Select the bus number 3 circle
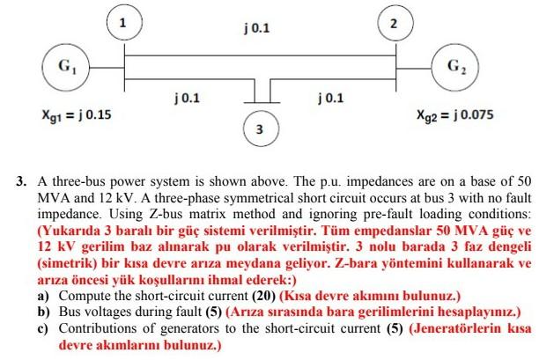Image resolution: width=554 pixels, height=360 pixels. tap(259, 129)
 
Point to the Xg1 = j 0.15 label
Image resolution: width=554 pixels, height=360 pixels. tap(70, 115)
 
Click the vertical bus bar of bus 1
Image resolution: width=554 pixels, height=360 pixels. tap(125, 67)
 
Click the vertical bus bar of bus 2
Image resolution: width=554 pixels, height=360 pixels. tap(395, 67)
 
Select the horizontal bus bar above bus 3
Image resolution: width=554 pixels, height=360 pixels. tap(259, 103)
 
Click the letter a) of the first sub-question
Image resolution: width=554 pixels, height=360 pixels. tap(42, 297)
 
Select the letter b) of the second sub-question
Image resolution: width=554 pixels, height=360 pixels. tap(42, 312)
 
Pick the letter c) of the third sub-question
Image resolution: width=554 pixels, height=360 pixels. tap(42, 328)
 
